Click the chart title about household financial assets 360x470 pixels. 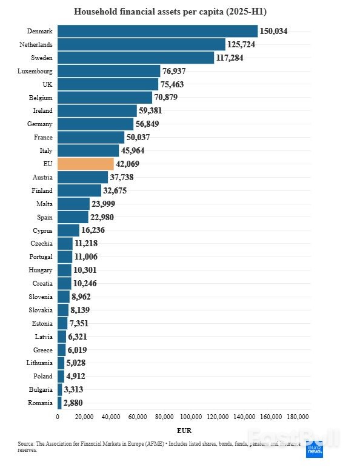click(179, 12)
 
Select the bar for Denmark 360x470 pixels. click(158, 31)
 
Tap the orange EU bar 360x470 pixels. click(85, 164)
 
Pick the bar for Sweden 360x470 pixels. click(136, 58)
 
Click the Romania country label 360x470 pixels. click(40, 403)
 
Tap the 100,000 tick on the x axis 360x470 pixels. click(191, 417)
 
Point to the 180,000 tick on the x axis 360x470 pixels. click(298, 417)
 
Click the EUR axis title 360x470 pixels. click(184, 431)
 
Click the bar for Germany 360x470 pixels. click(95, 124)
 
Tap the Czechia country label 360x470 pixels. click(41, 243)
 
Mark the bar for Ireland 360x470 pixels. click(97, 110)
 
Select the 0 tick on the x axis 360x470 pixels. click(58, 417)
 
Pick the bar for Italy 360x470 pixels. click(88, 150)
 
